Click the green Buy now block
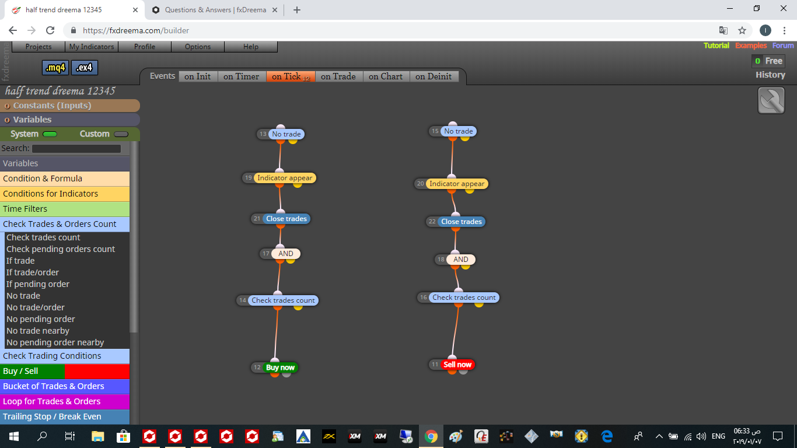(281, 367)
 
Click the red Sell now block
(457, 365)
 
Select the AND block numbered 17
(286, 253)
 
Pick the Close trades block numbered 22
(461, 221)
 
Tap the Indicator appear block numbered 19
(285, 177)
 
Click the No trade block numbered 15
(458, 131)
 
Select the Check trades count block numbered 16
(464, 297)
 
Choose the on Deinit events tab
(434, 76)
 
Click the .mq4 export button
(55, 68)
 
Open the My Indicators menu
(92, 47)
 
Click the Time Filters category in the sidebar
(65, 209)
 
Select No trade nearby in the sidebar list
(38, 331)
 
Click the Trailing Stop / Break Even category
(65, 416)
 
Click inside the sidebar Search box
(76, 148)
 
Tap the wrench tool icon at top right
(771, 100)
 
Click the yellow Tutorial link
(716, 45)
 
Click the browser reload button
(50, 30)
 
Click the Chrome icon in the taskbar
(431, 436)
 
